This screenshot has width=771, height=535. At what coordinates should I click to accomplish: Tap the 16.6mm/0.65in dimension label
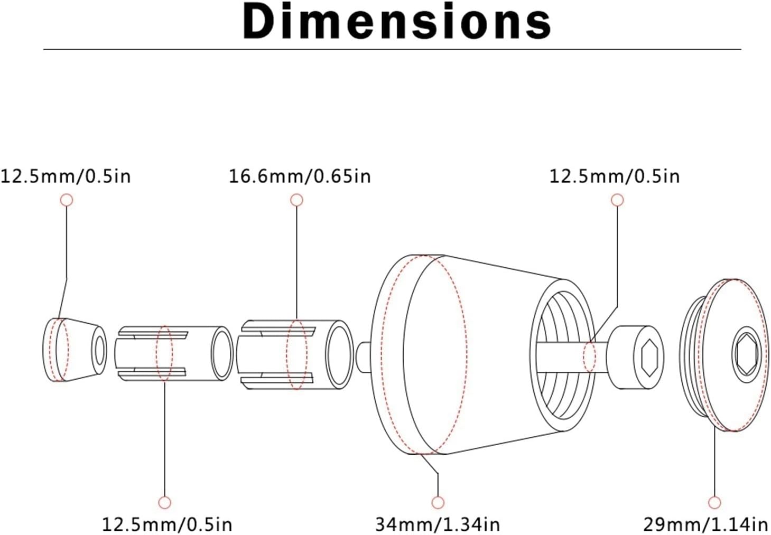tap(300, 176)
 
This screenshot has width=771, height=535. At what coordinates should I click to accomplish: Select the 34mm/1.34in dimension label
tap(438, 524)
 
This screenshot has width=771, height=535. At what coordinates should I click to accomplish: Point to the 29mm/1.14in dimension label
tap(706, 524)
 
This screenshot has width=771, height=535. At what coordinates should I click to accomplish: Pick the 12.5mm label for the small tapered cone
tap(66, 176)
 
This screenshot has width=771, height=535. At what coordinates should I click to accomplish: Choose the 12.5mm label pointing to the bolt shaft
tap(615, 176)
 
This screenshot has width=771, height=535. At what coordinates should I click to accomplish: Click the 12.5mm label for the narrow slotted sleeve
tap(168, 524)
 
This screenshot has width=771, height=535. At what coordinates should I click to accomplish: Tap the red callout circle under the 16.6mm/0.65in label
tap(296, 200)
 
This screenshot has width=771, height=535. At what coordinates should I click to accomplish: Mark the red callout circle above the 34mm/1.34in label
tap(438, 503)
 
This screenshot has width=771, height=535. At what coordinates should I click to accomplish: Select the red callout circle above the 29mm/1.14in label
tap(714, 503)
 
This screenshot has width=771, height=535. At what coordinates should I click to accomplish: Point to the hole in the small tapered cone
tap(100, 351)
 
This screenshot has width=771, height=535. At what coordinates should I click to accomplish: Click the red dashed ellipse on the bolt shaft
tap(590, 358)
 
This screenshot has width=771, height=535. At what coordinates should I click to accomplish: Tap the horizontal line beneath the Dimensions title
tap(393, 50)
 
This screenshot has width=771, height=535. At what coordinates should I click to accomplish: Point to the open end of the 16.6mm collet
tap(339, 355)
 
